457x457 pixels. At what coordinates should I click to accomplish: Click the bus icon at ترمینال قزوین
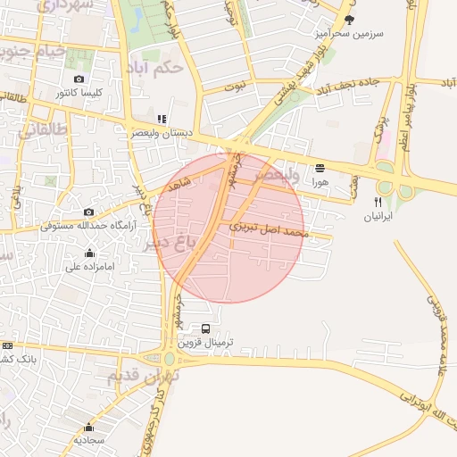pyautogui.click(x=206, y=328)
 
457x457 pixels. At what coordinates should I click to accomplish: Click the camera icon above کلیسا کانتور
pyautogui.click(x=79, y=79)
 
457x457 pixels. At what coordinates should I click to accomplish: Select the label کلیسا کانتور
pyautogui.click(x=79, y=93)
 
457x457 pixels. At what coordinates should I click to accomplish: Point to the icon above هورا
pyautogui.click(x=320, y=167)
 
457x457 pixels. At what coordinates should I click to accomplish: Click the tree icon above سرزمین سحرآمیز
pyautogui.click(x=348, y=20)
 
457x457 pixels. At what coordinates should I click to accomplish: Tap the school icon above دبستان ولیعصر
pyautogui.click(x=161, y=118)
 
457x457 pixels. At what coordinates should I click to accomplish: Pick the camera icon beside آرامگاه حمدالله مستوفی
pyautogui.click(x=88, y=212)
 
